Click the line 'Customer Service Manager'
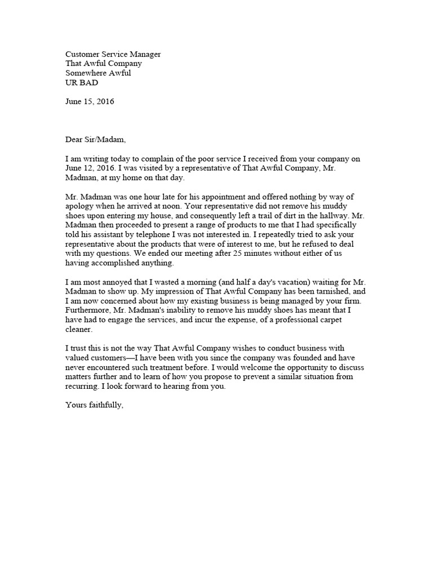pos(113,54)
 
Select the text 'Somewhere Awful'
pos(98,73)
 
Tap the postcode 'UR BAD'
pos(82,83)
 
